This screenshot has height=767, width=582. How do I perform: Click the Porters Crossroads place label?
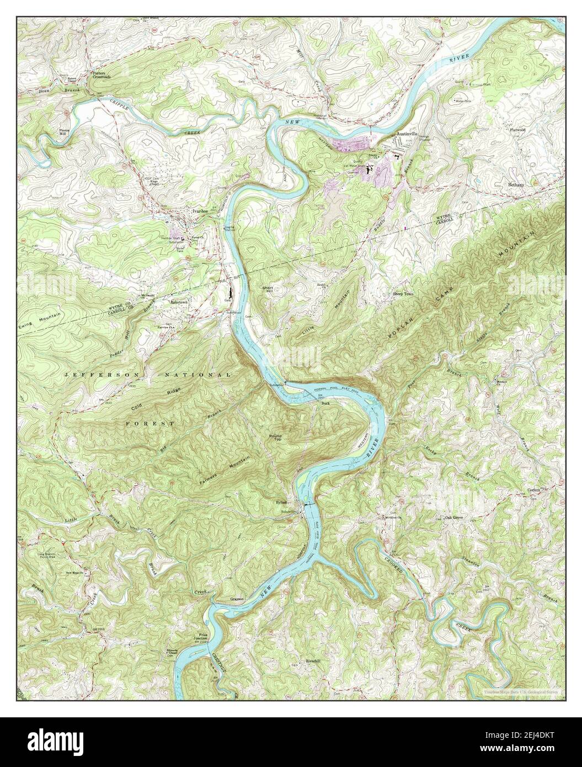(102, 75)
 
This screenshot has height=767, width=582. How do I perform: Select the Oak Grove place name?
(456, 519)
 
